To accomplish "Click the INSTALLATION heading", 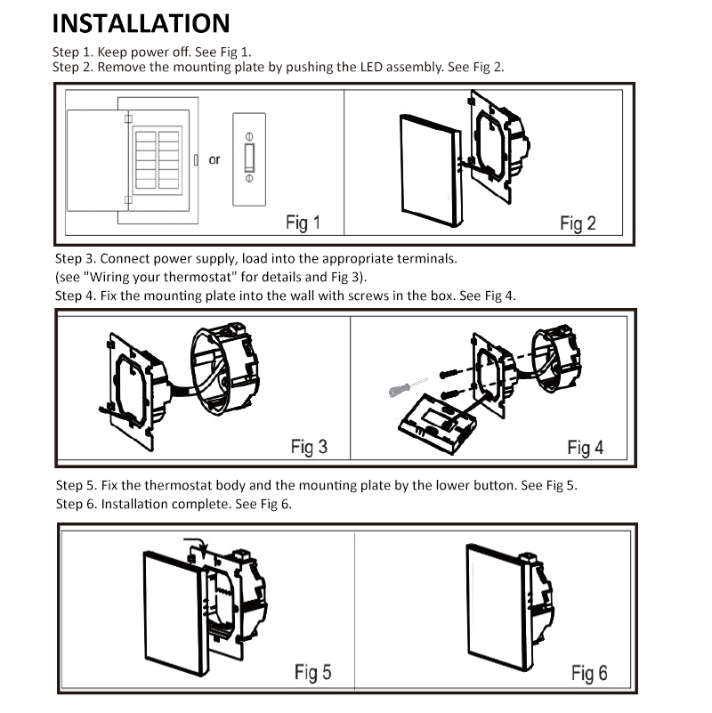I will (141, 23).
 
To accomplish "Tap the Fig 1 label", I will (303, 223).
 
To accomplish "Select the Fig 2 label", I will (578, 223).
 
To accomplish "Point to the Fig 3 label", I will (309, 447).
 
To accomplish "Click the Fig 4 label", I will (585, 448).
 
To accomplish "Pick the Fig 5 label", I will (312, 672).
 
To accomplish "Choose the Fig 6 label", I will (589, 673).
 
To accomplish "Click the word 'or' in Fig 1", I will (214, 160).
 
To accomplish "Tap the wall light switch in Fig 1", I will (249, 158).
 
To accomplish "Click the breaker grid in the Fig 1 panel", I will (157, 160).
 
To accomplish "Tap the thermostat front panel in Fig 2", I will (430, 169).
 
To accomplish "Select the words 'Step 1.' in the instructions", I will (73, 52).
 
